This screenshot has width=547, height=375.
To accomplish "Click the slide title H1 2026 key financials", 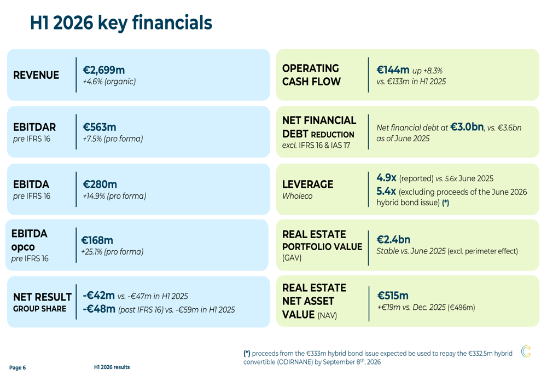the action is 121,23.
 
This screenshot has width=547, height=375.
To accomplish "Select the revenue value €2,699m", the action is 103,70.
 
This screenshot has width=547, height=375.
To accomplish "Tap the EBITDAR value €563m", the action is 100,127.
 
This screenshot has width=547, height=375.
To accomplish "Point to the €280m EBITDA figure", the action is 100,184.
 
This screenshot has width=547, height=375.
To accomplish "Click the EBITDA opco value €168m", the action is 97,240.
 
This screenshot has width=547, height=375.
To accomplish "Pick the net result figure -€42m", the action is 98,296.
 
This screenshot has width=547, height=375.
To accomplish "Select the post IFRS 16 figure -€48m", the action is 99,309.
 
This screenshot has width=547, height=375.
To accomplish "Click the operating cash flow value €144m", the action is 393,70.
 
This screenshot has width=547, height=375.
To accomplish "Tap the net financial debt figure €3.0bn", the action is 467,127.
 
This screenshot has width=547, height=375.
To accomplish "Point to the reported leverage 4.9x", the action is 386,178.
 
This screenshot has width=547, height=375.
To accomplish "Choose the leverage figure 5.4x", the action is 386,192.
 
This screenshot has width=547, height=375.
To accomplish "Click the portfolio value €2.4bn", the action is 393,240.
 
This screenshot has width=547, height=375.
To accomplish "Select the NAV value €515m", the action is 393,296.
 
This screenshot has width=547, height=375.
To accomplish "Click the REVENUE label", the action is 36,75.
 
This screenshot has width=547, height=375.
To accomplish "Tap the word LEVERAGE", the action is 307,184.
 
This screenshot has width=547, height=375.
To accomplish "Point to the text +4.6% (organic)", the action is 109,82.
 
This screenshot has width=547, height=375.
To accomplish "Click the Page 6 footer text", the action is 18,368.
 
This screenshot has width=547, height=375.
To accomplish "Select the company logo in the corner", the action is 526,351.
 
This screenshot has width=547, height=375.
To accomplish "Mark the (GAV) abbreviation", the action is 292,258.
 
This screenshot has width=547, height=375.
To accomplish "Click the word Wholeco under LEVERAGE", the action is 297,196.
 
